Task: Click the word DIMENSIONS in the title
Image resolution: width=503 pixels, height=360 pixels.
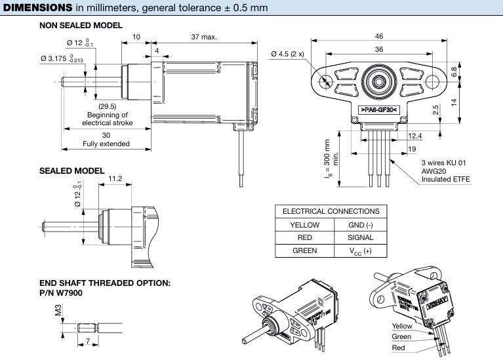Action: coord(38,8)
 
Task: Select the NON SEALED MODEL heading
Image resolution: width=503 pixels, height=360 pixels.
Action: coord(81,26)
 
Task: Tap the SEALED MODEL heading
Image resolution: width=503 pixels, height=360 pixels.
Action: coord(71,170)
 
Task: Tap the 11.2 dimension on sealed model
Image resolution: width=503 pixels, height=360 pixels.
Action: coord(115,178)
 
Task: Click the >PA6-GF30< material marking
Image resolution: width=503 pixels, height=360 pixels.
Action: coord(380,118)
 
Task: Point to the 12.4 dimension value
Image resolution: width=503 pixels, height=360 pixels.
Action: coord(414,136)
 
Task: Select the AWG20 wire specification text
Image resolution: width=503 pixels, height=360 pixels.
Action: coord(433,170)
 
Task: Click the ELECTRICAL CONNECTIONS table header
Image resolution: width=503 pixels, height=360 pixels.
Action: coord(331,211)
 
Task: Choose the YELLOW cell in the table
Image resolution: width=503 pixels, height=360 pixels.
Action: coord(303,224)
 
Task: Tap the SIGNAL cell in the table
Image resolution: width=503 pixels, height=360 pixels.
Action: coord(359,237)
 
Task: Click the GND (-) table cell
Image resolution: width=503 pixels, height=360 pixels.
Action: coord(359,224)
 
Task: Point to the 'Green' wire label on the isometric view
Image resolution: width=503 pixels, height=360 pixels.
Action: coord(401,336)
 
